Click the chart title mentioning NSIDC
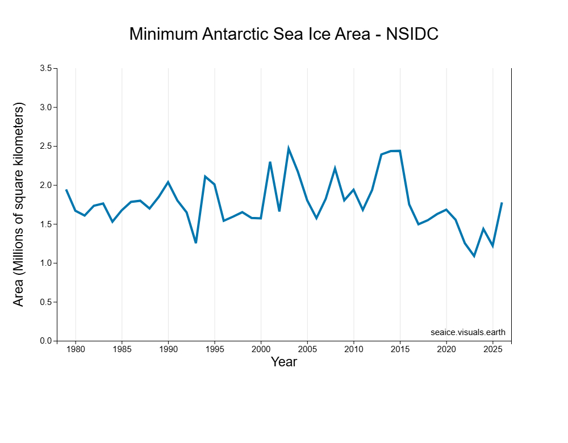click(283, 34)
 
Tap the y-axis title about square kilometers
click(19, 204)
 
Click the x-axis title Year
click(283, 362)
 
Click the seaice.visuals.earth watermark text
click(467, 332)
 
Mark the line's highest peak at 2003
click(289, 149)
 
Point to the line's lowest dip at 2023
click(474, 256)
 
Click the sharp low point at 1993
click(196, 243)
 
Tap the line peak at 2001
click(270, 162)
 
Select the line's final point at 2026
click(502, 203)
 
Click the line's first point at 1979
click(66, 190)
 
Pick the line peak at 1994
click(205, 177)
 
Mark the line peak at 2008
click(335, 169)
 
